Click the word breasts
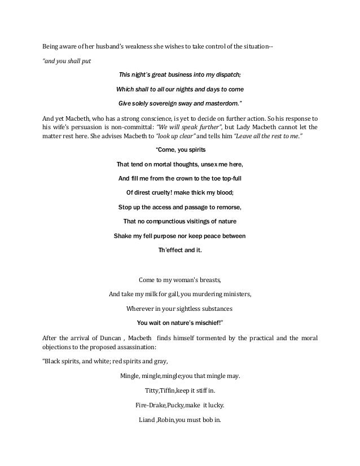click(x=208, y=280)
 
